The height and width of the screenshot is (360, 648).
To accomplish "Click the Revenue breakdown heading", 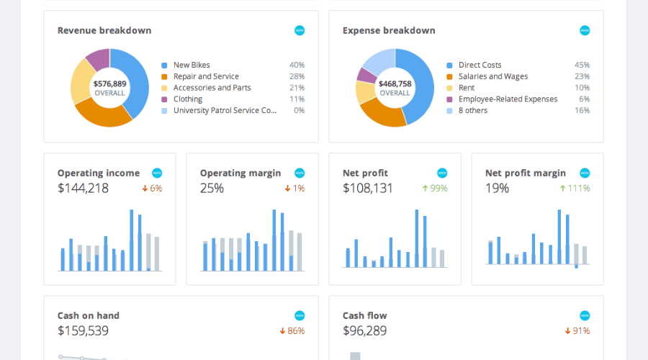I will coord(104,31).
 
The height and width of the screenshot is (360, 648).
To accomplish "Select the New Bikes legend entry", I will coord(192,65).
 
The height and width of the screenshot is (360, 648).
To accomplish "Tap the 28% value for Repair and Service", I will coord(297,76).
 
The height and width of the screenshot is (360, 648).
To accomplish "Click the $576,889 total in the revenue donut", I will coord(109,84).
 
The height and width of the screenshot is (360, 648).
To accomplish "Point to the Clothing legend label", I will coord(188,99).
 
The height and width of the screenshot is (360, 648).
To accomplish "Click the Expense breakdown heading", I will coord(389,31).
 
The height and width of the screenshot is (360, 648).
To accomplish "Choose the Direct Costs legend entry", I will coord(480,65).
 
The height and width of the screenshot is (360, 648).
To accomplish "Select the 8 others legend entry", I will coord(472,111).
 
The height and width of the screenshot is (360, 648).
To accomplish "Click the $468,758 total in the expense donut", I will coord(395,84).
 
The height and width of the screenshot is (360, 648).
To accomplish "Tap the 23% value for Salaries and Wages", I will coord(582,76).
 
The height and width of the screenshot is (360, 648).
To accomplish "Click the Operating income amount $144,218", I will coord(83,189).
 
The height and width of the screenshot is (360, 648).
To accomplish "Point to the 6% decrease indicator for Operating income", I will coord(152,189).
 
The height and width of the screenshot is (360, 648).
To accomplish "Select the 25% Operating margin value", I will coord(212,189).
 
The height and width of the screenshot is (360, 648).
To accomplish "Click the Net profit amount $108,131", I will coord(368,189).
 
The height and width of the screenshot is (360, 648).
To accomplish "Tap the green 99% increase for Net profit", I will coord(435,189).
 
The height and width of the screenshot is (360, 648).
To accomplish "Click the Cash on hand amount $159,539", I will coord(83,331).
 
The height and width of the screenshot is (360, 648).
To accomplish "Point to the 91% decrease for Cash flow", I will coord(577,331).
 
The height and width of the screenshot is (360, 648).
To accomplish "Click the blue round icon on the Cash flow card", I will coord(585,315).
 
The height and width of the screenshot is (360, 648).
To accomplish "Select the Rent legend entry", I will coord(466,88).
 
